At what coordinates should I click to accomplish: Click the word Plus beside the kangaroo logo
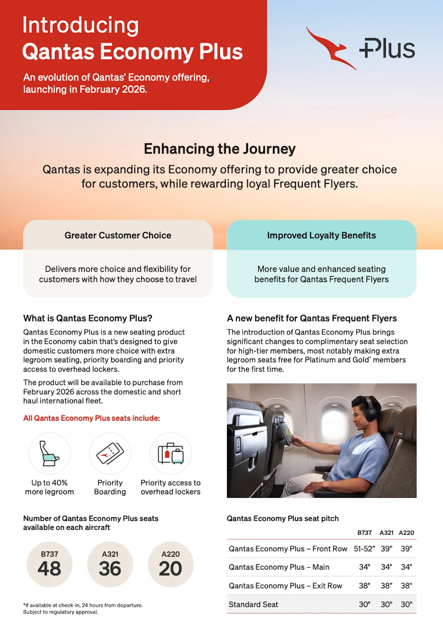[x=387, y=48]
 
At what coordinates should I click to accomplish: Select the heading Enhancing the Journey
[x=220, y=149]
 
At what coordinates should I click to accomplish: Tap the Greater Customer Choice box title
[x=118, y=235]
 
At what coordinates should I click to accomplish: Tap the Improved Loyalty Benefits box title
[x=322, y=235]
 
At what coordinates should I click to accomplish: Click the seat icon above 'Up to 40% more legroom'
[x=50, y=453]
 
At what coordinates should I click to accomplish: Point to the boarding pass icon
[x=110, y=453]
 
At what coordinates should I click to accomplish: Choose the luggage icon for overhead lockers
[x=171, y=453]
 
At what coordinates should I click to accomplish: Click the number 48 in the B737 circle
[x=50, y=569]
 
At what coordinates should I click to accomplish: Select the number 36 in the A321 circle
[x=110, y=569]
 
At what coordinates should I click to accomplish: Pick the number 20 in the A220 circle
[x=171, y=569]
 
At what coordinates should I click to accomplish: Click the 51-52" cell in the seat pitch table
[x=365, y=549]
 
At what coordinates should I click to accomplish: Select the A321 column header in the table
[x=386, y=533]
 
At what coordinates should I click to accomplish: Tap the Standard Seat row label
[x=253, y=605]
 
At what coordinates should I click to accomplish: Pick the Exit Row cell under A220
[x=406, y=586]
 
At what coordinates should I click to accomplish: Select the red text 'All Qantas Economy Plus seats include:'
[x=92, y=418]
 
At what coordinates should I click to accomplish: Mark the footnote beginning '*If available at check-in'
[x=83, y=609]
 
